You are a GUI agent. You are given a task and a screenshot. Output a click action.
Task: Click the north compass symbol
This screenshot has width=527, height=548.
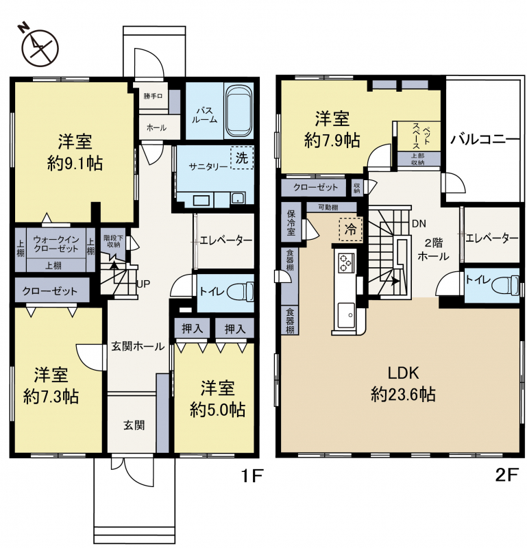tap(40, 47)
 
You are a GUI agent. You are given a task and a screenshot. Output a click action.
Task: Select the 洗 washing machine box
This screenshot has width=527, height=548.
tap(242, 158)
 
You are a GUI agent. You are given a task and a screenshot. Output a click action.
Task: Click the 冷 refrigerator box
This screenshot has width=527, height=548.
tap(351, 229)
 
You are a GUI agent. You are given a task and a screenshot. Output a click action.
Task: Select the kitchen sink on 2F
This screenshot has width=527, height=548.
tap(346, 314)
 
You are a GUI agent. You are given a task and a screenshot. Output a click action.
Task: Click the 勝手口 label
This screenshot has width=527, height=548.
tap(153, 96)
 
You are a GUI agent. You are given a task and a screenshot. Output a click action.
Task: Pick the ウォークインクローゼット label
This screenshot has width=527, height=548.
tap(56, 244)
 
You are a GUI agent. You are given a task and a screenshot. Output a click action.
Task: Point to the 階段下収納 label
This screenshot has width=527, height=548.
tap(112, 241)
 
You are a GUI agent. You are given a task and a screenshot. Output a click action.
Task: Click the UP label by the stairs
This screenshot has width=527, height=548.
tap(143, 284)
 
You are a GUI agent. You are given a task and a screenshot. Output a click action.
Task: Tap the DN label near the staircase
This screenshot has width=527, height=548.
tap(419, 224)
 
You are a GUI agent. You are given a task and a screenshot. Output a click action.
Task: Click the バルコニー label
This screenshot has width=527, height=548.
tap(485, 140)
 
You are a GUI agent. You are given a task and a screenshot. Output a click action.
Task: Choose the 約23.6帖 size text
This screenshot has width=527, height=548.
tap(403, 395)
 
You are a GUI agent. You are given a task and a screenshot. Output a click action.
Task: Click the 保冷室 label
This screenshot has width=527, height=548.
tap(291, 223)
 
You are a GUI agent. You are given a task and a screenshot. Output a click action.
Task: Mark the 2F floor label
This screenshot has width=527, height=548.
tap(506, 475)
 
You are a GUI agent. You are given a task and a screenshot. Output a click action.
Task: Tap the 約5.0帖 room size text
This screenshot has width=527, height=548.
tap(217, 410)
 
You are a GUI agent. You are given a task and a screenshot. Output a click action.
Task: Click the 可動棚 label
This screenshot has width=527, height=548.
tap(328, 208)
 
